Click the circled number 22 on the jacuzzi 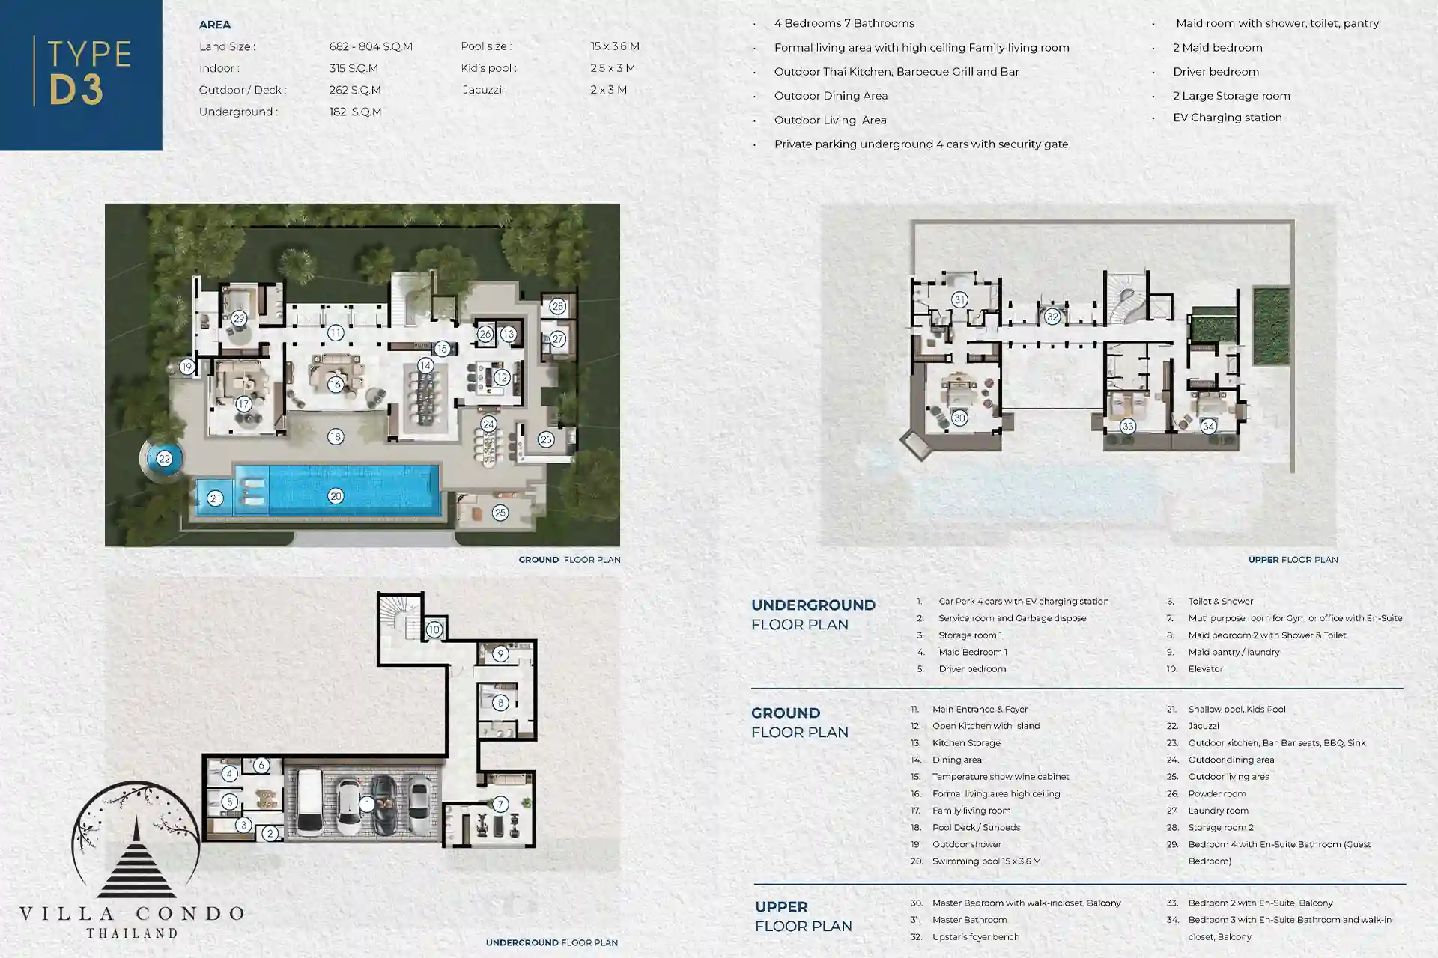pyautogui.click(x=165, y=459)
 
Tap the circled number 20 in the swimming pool pyautogui.click(x=336, y=496)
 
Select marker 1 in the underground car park pyautogui.click(x=367, y=805)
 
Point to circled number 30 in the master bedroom pyautogui.click(x=959, y=418)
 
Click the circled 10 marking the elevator pyautogui.click(x=434, y=629)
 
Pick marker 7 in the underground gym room pyautogui.click(x=500, y=805)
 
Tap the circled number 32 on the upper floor pyautogui.click(x=1052, y=317)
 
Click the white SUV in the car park pyautogui.click(x=309, y=803)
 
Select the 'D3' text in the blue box pyautogui.click(x=76, y=89)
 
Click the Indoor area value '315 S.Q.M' pyautogui.click(x=354, y=68)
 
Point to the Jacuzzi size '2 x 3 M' pyautogui.click(x=608, y=90)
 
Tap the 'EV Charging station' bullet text pyautogui.click(x=1227, y=118)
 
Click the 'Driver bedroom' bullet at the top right pyautogui.click(x=1216, y=72)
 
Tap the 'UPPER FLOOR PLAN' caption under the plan pyautogui.click(x=1293, y=560)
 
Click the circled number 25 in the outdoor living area pyautogui.click(x=500, y=513)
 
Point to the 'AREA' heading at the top pyautogui.click(x=214, y=25)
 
